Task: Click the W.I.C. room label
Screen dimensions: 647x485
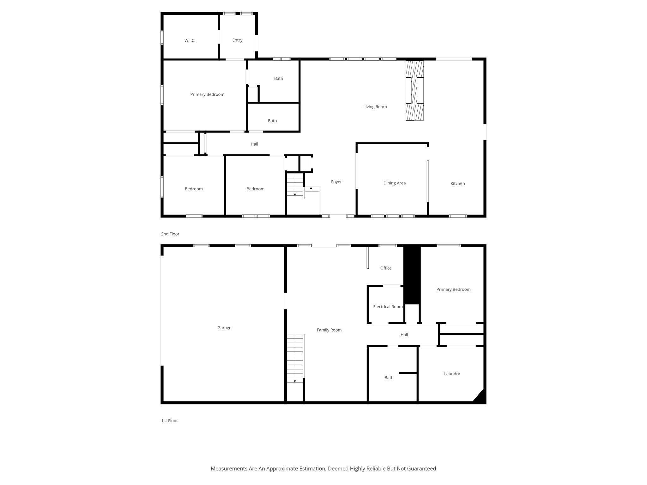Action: click(x=190, y=40)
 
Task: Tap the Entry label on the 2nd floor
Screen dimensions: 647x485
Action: click(x=237, y=40)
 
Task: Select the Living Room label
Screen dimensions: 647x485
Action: click(x=375, y=107)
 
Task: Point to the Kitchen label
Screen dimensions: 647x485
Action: click(x=457, y=183)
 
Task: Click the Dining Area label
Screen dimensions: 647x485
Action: click(x=394, y=183)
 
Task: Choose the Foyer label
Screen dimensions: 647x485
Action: click(x=336, y=182)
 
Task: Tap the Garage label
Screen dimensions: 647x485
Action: click(x=224, y=328)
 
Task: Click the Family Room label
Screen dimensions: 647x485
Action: click(x=329, y=330)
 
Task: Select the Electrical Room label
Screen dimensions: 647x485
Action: click(x=388, y=307)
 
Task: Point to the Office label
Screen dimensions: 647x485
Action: click(x=386, y=268)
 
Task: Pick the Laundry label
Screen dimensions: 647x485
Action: click(x=452, y=374)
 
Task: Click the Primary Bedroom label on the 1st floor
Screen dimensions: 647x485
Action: click(x=453, y=290)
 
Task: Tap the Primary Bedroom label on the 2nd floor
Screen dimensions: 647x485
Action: click(x=207, y=94)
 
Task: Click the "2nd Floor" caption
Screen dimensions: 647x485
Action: click(x=170, y=234)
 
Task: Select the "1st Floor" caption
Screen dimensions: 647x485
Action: click(x=169, y=421)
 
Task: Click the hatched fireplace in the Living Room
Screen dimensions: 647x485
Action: click(x=414, y=90)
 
